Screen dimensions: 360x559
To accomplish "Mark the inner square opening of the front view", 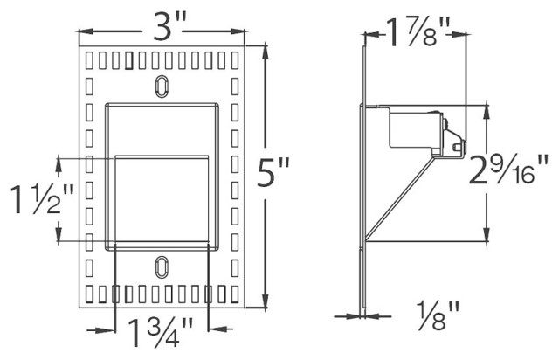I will click(x=162, y=201).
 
